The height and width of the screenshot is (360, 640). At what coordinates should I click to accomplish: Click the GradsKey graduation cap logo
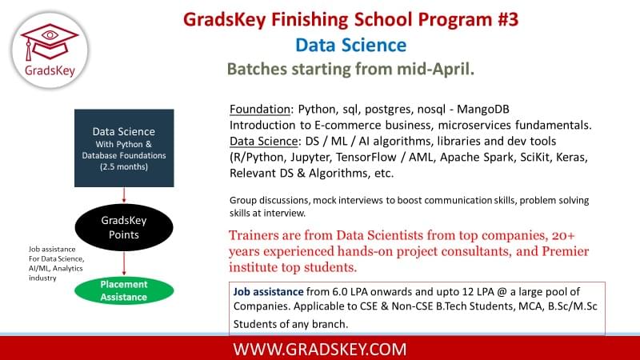click(x=50, y=50)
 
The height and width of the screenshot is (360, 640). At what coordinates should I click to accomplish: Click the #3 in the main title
click(x=508, y=19)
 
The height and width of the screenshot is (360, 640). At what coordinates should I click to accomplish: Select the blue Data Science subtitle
click(x=350, y=45)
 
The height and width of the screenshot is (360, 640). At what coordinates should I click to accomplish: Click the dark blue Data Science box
click(x=124, y=148)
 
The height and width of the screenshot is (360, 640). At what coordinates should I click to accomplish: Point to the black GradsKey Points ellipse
click(x=124, y=227)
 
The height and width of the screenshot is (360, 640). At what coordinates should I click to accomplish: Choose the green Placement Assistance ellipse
click(x=124, y=290)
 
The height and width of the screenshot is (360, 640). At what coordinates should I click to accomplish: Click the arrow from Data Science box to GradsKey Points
click(x=124, y=195)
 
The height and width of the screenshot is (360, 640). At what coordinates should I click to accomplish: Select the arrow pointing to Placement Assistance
click(x=124, y=264)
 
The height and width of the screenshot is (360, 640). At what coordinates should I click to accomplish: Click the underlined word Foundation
click(x=260, y=109)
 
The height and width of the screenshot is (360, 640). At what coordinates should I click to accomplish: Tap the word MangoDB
click(x=483, y=110)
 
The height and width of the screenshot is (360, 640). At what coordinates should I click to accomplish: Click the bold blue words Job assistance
click(x=268, y=292)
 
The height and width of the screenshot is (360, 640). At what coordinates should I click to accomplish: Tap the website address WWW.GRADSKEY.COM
click(x=320, y=350)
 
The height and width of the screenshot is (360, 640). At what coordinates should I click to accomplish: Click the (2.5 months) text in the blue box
click(x=124, y=166)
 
